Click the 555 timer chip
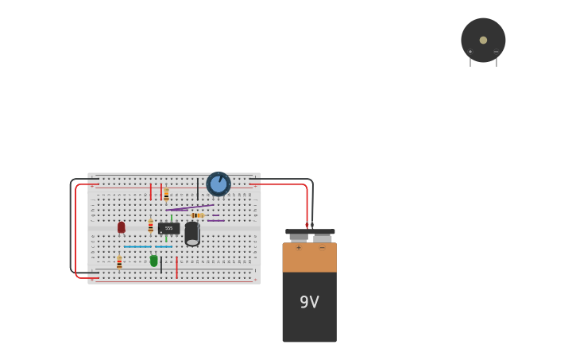(x=168, y=228)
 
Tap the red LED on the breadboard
(x=122, y=227)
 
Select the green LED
(x=154, y=261)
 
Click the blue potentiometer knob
(x=218, y=184)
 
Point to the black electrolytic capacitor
(x=192, y=234)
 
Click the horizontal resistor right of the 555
(x=197, y=215)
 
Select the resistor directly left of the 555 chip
(x=150, y=226)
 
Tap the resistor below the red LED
(x=119, y=261)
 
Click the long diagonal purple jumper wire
(x=190, y=207)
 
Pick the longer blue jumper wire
(x=137, y=246)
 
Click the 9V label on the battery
(x=309, y=302)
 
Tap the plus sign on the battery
(x=299, y=248)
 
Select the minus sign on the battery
(x=322, y=248)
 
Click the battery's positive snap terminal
(x=299, y=237)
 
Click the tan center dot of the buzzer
(x=483, y=40)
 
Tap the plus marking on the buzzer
(x=470, y=52)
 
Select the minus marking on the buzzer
(x=496, y=52)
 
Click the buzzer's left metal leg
(x=470, y=62)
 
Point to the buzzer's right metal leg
(x=497, y=62)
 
